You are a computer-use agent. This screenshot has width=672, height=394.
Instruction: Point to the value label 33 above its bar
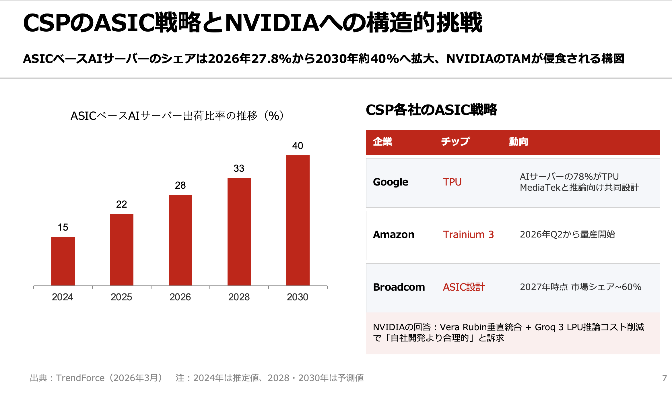pyautogui.click(x=239, y=168)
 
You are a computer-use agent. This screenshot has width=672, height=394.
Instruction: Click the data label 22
pyautogui.click(x=121, y=204)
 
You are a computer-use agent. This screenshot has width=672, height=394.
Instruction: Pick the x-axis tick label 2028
pyautogui.click(x=239, y=297)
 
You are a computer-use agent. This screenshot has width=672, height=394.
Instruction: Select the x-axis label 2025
pyautogui.click(x=121, y=297)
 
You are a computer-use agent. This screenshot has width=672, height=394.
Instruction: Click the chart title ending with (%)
pyautogui.click(x=177, y=116)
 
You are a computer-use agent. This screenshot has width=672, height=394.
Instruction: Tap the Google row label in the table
pyautogui.click(x=391, y=182)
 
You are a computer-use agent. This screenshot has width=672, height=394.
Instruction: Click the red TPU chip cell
pyautogui.click(x=452, y=182)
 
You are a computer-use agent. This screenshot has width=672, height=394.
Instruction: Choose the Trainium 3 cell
pyautogui.click(x=468, y=235)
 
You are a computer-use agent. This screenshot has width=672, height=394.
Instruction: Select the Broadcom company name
pyautogui.click(x=399, y=287)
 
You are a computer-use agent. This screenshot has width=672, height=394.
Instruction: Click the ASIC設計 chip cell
pyautogui.click(x=464, y=287)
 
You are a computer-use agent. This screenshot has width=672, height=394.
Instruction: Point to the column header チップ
pyautogui.click(x=455, y=142)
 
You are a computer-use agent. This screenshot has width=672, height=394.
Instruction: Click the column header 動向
pyautogui.click(x=518, y=142)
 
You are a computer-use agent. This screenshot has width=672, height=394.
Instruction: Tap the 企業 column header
pyautogui.click(x=382, y=142)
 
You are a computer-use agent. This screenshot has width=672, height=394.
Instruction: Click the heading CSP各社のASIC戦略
pyautogui.click(x=431, y=110)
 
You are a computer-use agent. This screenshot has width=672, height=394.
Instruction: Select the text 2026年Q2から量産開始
pyautogui.click(x=567, y=235)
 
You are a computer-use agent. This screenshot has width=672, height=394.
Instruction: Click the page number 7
pyautogui.click(x=664, y=378)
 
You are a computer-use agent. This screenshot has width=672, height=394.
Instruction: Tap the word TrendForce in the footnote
pyautogui.click(x=80, y=378)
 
